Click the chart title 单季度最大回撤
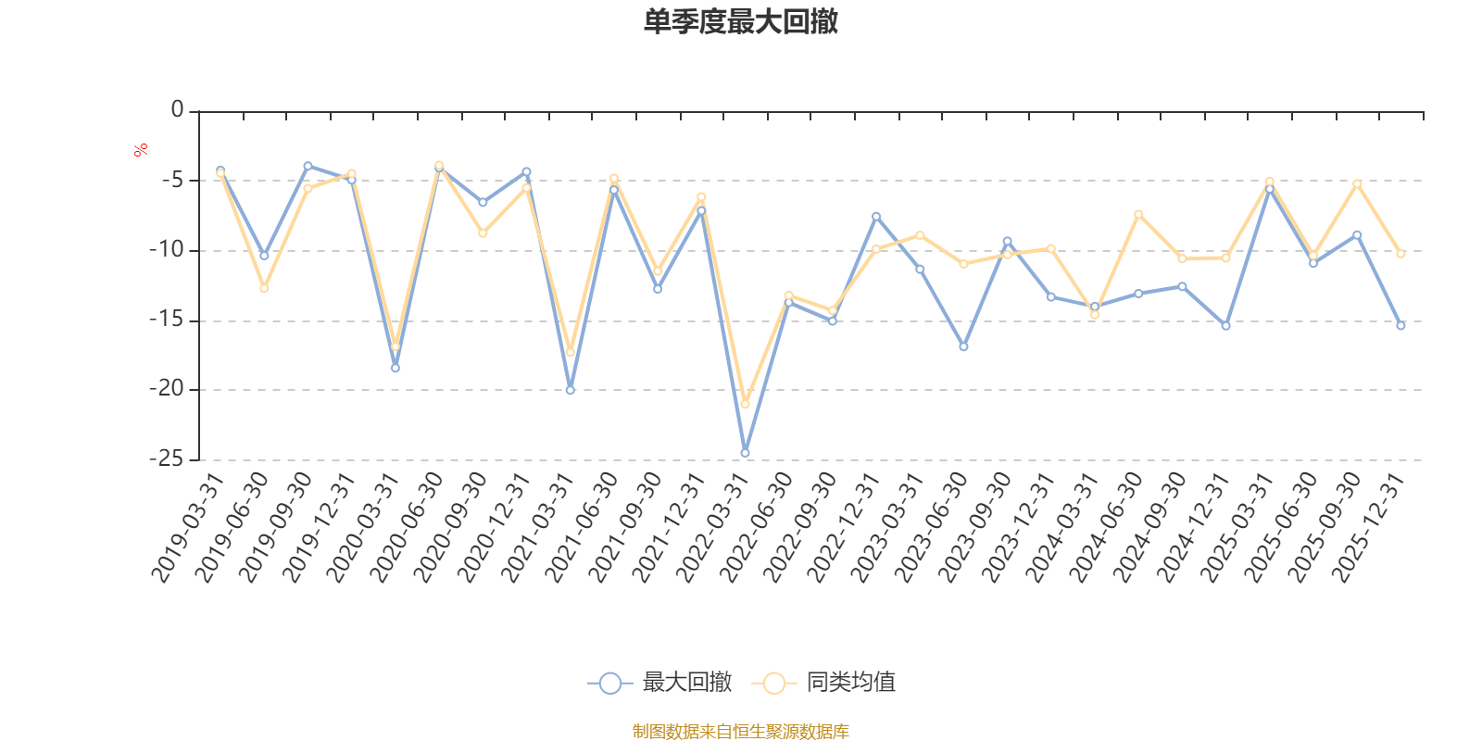741,22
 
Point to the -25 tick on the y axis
167,458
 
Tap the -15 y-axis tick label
167,320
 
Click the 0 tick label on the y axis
177,110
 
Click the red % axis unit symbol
141,150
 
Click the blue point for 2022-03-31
745,453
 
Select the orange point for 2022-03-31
745,405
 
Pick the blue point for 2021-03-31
570,390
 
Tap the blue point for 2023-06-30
963,346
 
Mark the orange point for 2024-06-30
1138,214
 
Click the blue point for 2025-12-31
1400,326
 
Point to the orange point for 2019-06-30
264,289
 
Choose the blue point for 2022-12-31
876,216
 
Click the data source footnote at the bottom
741,732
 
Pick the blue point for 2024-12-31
1225,326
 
